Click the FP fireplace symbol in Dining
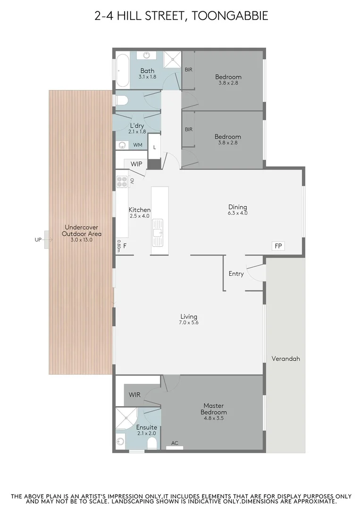click(278, 246)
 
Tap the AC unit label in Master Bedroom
click(175, 443)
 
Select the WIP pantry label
click(136, 164)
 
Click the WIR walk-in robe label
click(134, 394)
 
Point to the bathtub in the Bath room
click(122, 71)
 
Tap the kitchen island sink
click(157, 232)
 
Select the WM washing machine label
click(138, 145)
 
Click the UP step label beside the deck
click(38, 239)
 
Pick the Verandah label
click(285, 358)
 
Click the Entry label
click(236, 274)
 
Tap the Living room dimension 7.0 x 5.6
click(189, 323)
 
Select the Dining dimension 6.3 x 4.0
click(238, 213)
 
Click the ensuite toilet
click(152, 442)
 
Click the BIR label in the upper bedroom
click(188, 69)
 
